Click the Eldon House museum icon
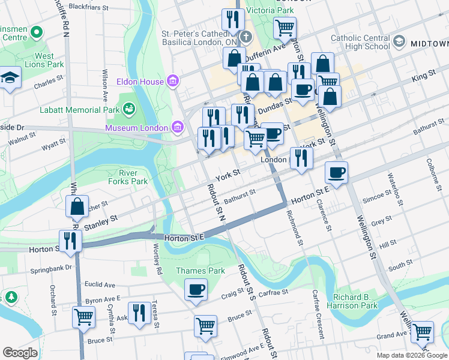click(x=173, y=81)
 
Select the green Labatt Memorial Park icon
click(x=128, y=108)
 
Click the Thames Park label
click(x=200, y=271)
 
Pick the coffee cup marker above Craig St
click(x=196, y=290)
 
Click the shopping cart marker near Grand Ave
click(x=423, y=331)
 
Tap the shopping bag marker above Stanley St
click(x=77, y=207)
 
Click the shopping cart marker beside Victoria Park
click(x=285, y=27)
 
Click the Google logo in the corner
click(x=20, y=353)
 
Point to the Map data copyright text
click(x=411, y=355)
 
